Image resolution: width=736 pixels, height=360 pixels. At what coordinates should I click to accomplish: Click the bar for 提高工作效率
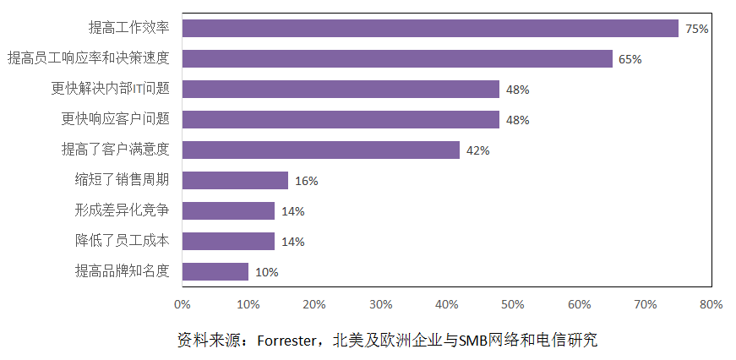coord(430,28)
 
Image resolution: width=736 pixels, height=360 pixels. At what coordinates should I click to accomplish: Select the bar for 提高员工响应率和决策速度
coord(397,58)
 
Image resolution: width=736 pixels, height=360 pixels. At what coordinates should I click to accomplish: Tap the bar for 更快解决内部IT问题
coord(341,89)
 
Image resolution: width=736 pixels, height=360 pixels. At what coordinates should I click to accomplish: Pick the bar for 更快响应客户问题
coord(341,119)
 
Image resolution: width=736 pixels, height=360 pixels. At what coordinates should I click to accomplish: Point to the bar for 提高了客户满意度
coord(321,150)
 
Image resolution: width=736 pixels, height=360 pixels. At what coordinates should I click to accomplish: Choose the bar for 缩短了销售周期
coord(235,180)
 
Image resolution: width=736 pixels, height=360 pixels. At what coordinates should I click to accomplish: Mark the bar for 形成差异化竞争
coord(228,210)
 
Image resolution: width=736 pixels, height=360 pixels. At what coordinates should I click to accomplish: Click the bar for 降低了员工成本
coord(228,241)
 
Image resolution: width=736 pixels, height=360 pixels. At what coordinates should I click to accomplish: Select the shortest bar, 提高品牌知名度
coord(215,271)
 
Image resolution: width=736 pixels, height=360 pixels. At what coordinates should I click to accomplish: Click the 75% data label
coord(696,29)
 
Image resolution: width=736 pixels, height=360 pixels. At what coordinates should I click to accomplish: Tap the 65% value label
coord(630,59)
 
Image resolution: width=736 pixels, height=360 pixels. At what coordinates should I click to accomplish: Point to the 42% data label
coord(478,150)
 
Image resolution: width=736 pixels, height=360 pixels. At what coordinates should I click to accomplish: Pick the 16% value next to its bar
coord(307,181)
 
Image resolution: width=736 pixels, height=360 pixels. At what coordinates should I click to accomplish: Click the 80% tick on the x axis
coord(711,304)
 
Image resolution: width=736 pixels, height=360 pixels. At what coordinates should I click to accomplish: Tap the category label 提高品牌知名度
coord(123,271)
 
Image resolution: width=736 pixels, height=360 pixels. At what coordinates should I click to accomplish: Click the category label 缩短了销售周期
coord(123,180)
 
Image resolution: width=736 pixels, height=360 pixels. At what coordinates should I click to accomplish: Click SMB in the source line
coord(474,341)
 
